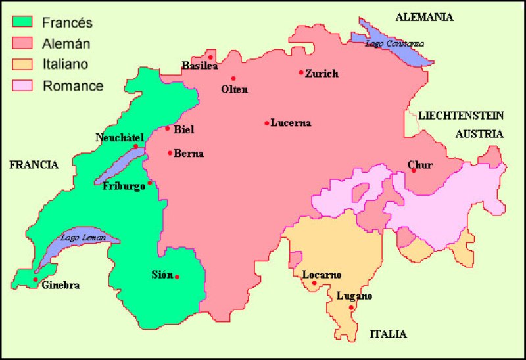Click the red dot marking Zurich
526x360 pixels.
[301, 72]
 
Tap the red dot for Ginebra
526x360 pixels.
[36, 280]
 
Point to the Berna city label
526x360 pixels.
[189, 154]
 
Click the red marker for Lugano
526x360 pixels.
[352, 307]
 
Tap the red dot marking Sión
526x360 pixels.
[177, 277]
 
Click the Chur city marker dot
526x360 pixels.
[414, 171]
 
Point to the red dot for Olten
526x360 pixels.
[233, 78]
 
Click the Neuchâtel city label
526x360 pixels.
[120, 137]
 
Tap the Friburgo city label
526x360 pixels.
[124, 187]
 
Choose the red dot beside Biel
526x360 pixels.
[168, 128]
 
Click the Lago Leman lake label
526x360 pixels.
[83, 238]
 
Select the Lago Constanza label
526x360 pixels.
[395, 43]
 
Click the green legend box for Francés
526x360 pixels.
[23, 23]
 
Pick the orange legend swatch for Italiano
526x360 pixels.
[23, 64]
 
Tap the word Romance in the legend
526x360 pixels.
[73, 85]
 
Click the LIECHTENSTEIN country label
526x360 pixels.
[461, 116]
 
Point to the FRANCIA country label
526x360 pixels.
[34, 165]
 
